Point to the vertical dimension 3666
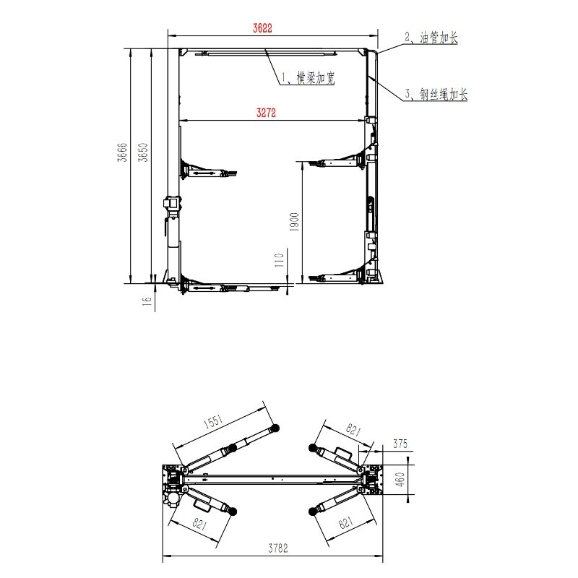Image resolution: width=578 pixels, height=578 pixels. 123,153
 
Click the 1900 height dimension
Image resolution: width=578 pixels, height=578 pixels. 293,222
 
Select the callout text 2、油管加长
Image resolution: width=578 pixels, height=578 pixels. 431,38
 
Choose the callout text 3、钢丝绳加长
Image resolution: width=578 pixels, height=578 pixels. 436,94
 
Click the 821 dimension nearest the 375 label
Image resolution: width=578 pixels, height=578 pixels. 353,431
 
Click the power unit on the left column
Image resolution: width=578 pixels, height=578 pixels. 171,205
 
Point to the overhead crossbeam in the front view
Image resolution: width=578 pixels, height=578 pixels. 271,52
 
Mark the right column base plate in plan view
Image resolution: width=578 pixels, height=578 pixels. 374,476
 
